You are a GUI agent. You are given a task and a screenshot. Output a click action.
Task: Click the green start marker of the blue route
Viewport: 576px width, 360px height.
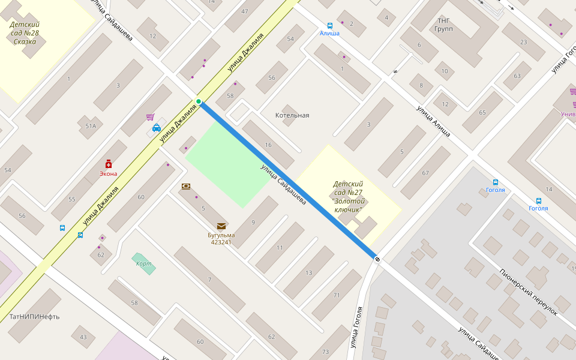[198, 101]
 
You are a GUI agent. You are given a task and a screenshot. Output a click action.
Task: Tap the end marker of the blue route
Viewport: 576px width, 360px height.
[377, 259]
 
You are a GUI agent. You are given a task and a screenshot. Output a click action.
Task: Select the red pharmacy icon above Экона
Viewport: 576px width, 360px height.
[109, 164]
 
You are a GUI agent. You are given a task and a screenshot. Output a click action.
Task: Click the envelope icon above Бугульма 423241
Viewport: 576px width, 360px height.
[221, 226]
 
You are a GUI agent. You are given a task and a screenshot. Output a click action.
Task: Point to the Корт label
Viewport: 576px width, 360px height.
[143, 263]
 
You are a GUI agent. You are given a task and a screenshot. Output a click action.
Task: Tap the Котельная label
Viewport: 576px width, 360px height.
[292, 115]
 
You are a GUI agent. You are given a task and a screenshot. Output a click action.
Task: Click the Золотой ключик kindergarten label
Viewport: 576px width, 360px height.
[348, 197]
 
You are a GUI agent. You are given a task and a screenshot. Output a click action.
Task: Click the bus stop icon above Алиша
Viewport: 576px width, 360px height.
[329, 25]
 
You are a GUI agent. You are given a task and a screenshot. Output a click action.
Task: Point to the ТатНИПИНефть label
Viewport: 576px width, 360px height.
[34, 316]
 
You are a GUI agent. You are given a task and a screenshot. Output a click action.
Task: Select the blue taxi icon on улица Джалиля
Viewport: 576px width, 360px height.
[157, 127]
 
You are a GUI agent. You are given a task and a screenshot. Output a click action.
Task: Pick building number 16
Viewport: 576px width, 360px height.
[268, 145]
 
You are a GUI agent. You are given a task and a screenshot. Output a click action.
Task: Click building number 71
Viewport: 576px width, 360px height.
[337, 295]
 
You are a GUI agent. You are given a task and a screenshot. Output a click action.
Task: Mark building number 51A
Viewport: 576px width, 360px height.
[91, 126]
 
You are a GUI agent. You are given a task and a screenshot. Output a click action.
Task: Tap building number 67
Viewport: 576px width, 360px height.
[425, 173]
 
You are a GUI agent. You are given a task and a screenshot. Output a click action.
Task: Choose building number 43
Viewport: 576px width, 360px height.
[83, 337]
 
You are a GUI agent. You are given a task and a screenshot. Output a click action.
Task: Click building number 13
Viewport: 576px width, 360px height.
[308, 273]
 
